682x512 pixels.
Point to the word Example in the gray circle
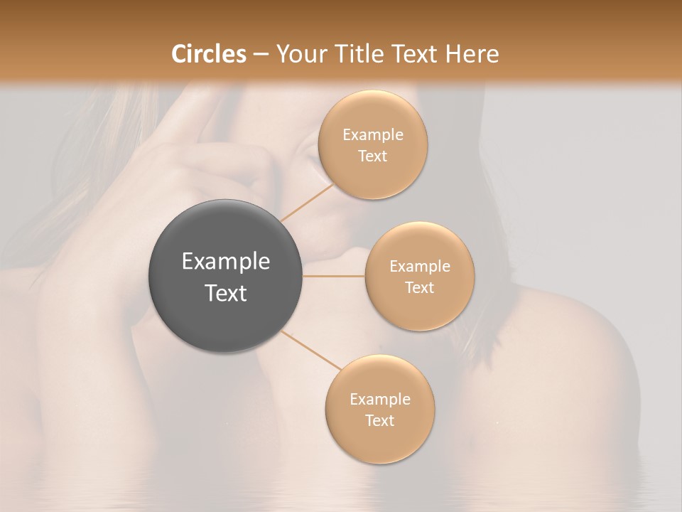(226, 262)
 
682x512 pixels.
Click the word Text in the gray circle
(226, 293)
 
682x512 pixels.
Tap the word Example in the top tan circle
(373, 134)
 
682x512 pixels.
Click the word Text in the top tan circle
(373, 156)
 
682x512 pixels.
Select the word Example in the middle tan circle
(420, 266)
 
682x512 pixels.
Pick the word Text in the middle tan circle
(420, 287)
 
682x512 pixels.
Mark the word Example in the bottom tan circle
(380, 399)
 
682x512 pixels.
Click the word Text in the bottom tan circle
(380, 420)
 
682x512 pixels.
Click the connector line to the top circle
(306, 202)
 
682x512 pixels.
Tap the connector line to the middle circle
(334, 275)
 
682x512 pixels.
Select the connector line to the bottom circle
(311, 351)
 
